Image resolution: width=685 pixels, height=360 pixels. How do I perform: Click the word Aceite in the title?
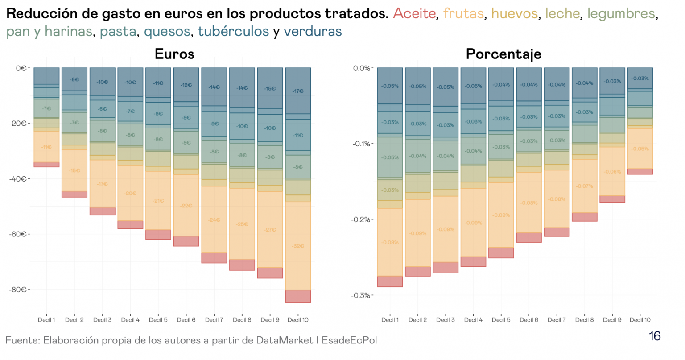[414, 14]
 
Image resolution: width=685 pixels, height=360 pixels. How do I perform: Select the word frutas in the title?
[463, 14]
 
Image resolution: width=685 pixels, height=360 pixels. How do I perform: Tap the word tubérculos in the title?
[233, 32]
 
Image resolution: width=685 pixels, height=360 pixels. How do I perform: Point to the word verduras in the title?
[313, 32]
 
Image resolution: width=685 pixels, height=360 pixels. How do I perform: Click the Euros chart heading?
[174, 54]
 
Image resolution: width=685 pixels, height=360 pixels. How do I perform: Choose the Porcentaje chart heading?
[503, 54]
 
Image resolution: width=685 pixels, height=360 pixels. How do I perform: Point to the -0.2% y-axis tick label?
[361, 219]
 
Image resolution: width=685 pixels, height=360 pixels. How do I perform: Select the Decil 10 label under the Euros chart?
[298, 320]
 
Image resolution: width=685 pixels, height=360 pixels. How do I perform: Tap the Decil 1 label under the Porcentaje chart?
[390, 320]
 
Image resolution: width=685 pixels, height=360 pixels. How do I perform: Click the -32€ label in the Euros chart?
[298, 246]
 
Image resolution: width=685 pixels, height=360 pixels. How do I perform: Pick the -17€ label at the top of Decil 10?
[298, 91]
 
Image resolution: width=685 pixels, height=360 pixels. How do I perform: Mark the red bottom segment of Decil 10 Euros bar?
[298, 297]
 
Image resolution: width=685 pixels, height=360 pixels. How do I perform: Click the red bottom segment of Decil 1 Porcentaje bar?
[390, 281]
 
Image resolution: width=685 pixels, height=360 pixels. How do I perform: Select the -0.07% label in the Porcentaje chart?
[584, 186]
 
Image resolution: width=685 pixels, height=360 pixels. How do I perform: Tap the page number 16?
[655, 336]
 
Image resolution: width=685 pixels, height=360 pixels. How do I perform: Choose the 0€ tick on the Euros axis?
[21, 68]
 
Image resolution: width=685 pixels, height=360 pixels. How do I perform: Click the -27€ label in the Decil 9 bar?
[270, 230]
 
